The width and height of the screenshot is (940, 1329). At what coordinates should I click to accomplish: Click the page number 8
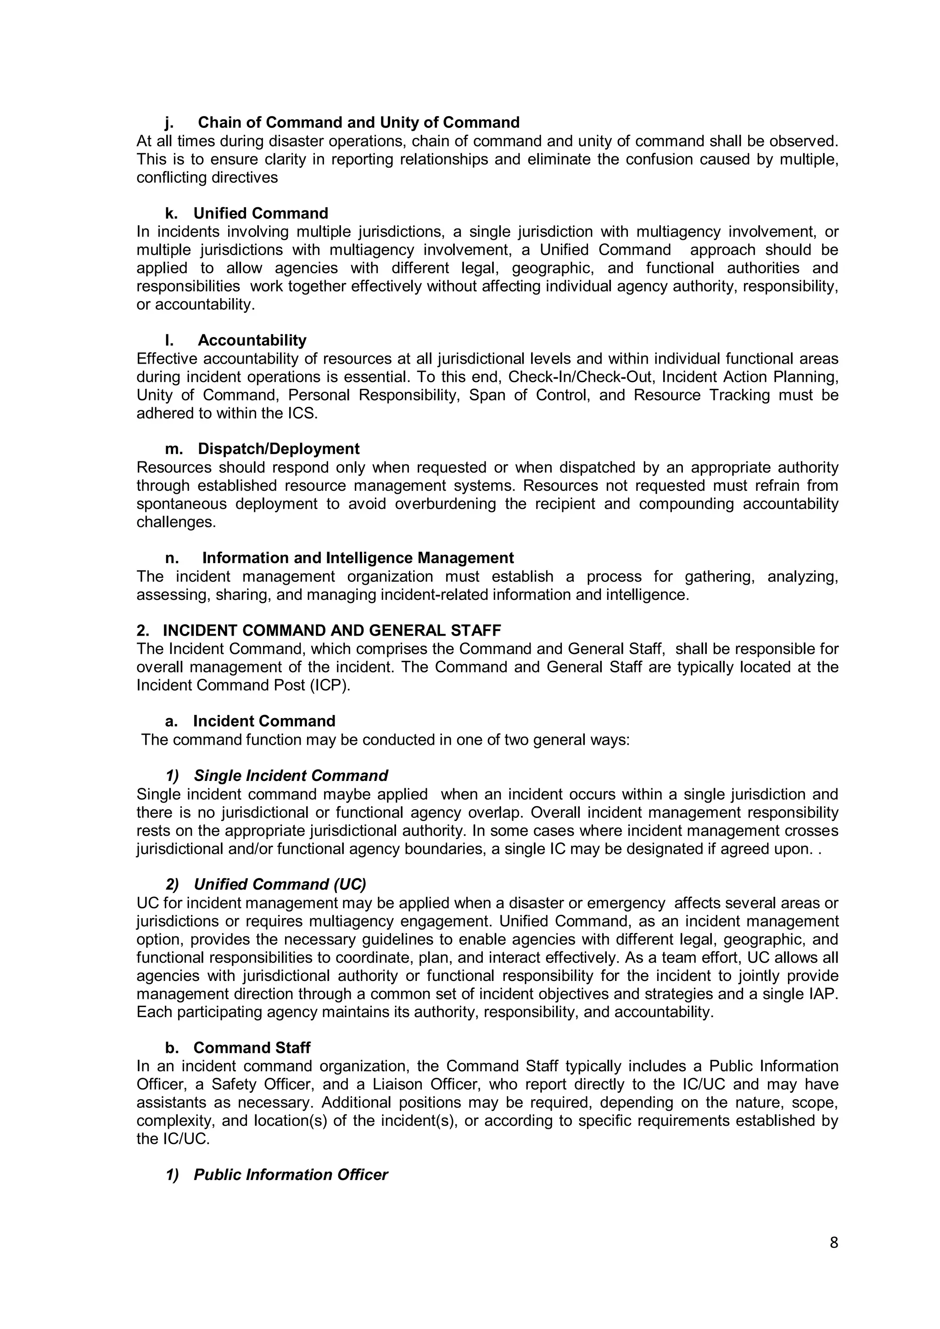pyautogui.click(x=834, y=1243)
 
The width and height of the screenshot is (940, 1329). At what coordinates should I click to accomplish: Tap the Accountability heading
pyautogui.click(x=252, y=340)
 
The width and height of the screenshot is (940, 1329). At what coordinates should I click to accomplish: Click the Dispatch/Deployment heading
pyautogui.click(x=278, y=449)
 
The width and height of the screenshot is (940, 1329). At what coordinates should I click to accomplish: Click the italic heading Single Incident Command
pyautogui.click(x=290, y=775)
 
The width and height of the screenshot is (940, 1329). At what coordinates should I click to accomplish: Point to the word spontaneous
pyautogui.click(x=181, y=504)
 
